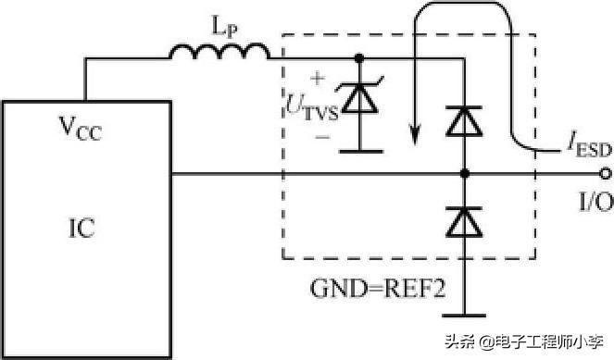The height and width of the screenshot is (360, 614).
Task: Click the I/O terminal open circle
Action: pyautogui.click(x=604, y=173)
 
